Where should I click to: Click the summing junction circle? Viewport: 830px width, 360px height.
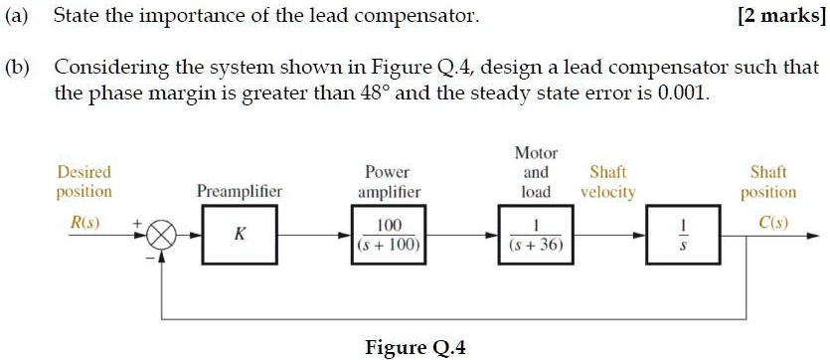coord(162,238)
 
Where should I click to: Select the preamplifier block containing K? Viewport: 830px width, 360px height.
coord(238,237)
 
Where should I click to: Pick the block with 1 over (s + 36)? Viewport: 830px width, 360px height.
coord(536,237)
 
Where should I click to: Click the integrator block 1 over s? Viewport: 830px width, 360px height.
coord(679,237)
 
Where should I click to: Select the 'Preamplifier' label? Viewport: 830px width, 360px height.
coord(240,191)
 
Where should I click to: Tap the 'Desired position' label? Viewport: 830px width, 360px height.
coord(83,181)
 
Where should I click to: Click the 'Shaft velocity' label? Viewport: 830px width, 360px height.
coord(607,181)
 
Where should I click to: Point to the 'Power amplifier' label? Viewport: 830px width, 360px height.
coord(389,181)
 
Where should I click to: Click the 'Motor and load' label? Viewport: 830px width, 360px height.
coord(536,172)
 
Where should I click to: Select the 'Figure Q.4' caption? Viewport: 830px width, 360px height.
coord(415,347)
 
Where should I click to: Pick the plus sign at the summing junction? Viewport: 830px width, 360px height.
coord(136,223)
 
